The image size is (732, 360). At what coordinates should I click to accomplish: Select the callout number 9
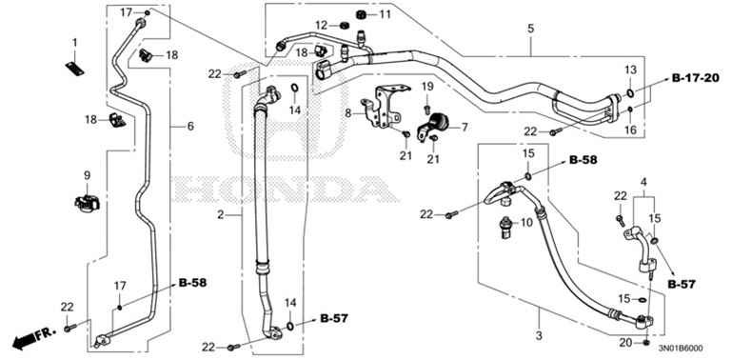point(86,175)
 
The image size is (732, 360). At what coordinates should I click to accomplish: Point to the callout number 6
point(188,126)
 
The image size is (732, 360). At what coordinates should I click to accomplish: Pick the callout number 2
point(220,216)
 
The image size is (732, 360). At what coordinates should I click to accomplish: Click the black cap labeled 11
point(361,15)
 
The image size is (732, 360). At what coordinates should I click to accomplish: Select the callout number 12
point(321,25)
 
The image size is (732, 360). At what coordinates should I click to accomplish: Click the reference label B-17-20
point(694,76)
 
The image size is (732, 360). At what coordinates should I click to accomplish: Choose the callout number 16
point(630,129)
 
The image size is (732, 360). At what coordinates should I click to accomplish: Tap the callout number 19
point(427,87)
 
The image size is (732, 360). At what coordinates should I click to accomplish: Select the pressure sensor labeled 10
point(504,225)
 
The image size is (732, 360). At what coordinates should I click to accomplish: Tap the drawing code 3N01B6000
point(683,349)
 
